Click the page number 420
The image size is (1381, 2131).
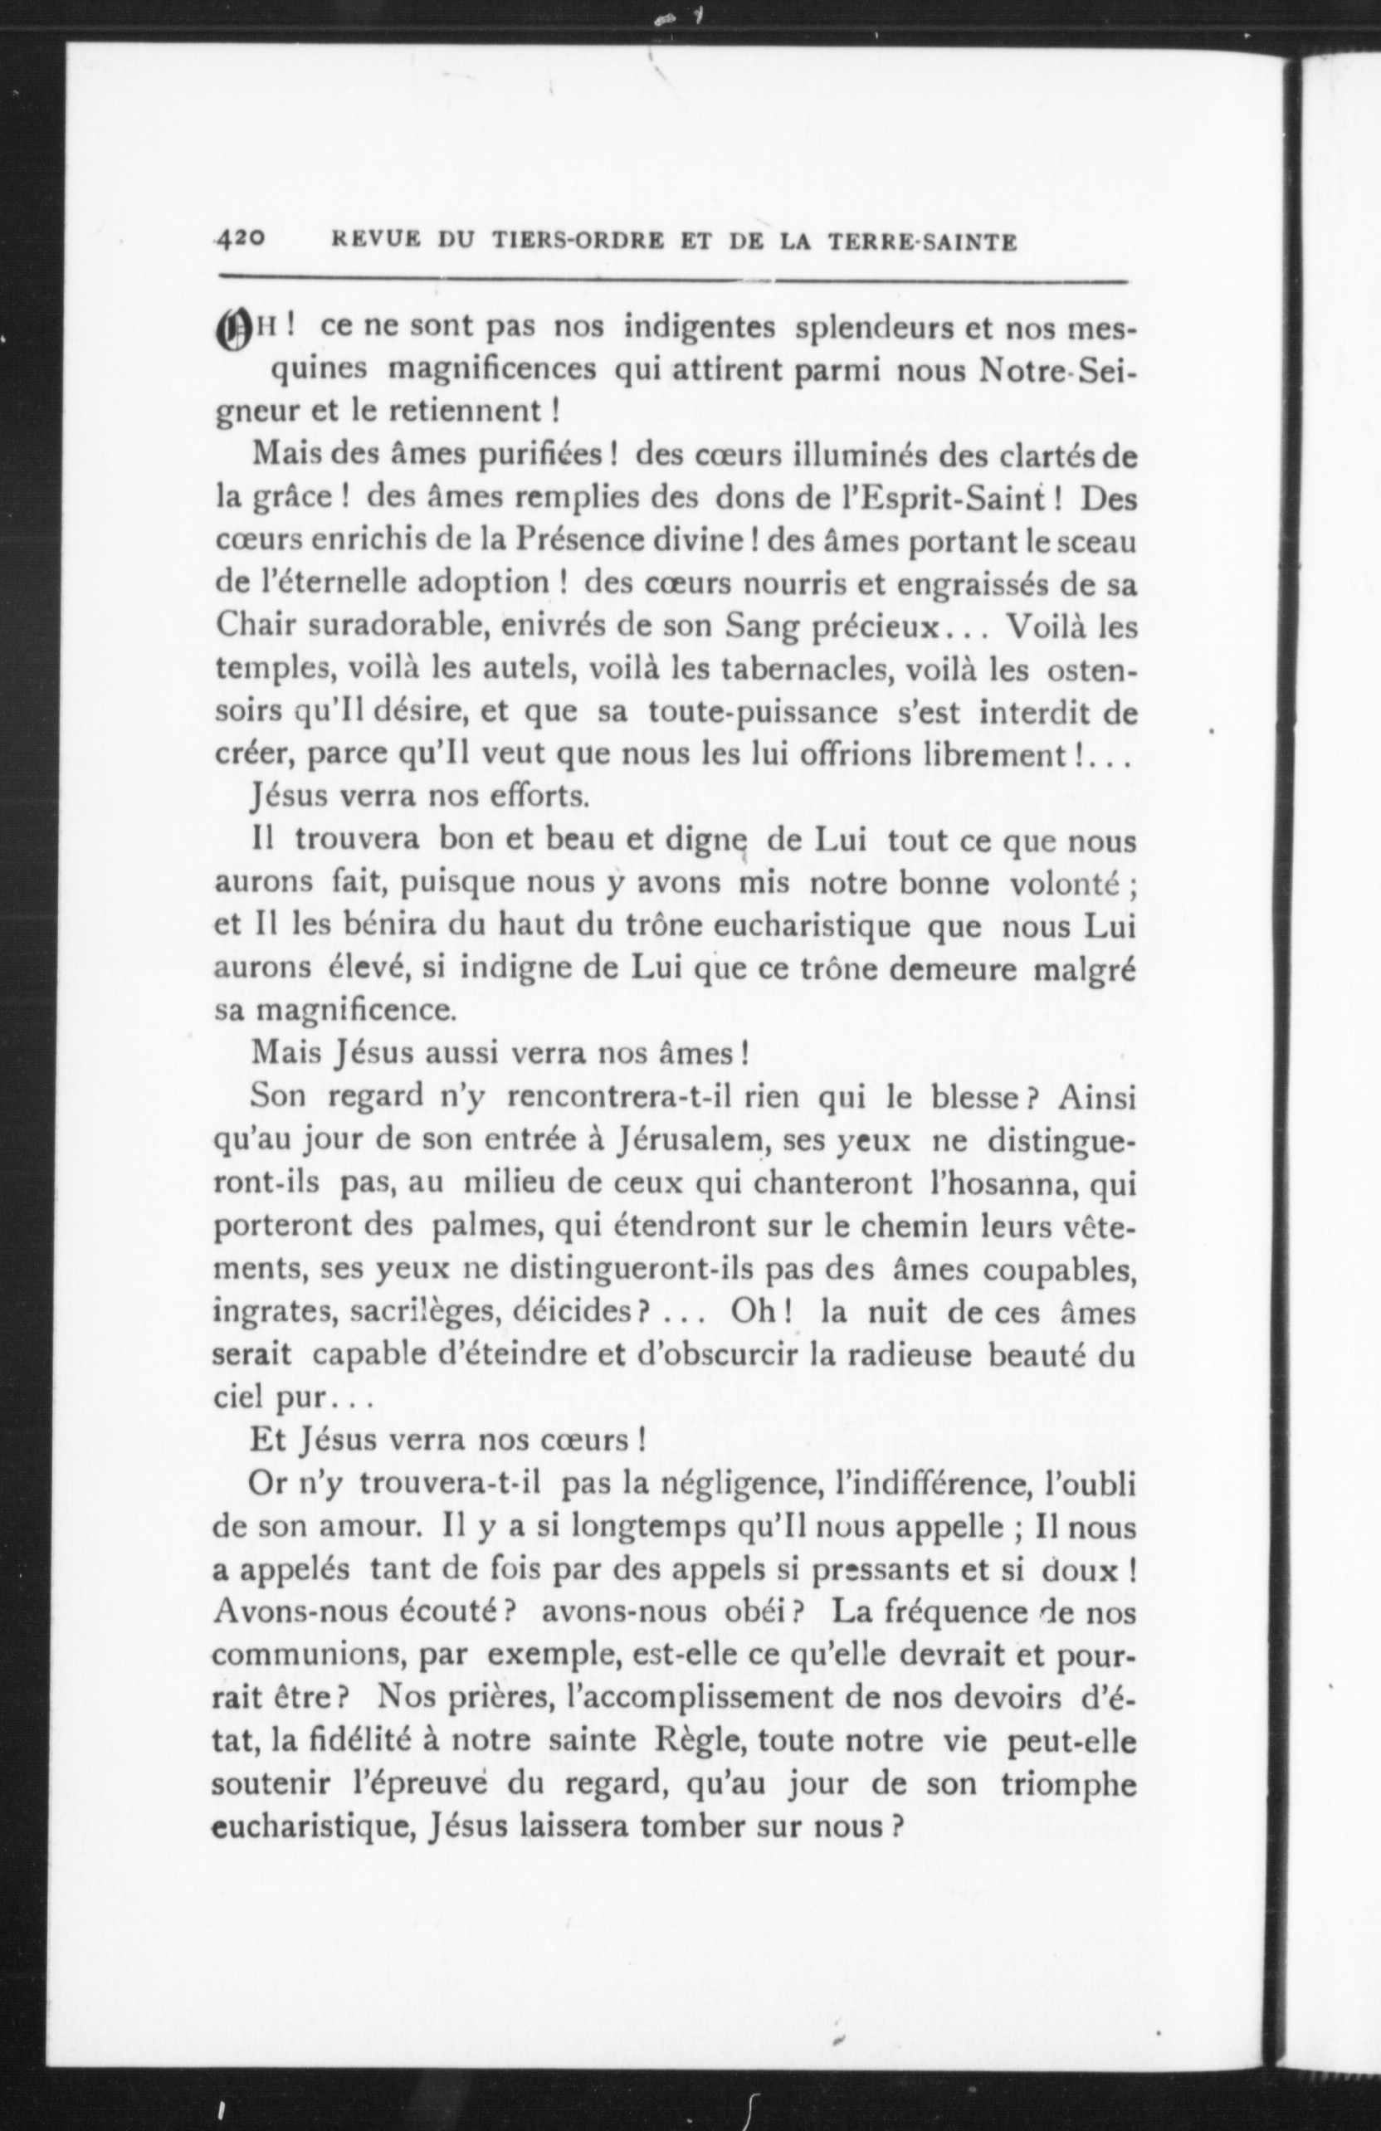(240, 239)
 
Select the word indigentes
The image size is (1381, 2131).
(700, 327)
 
